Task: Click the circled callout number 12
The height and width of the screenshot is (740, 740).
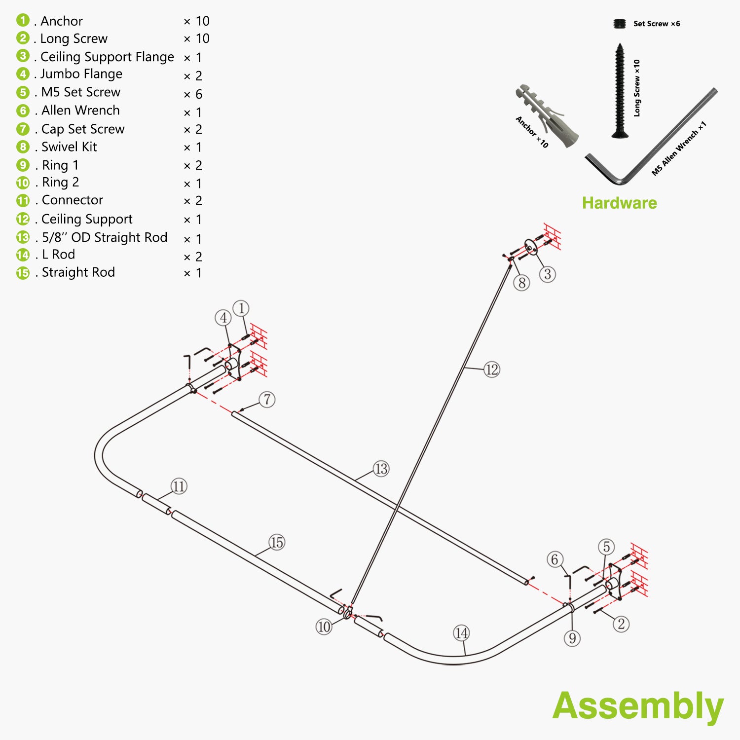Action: point(492,370)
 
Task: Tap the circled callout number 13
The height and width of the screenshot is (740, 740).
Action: point(381,469)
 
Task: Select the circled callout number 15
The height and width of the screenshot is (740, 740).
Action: point(277,543)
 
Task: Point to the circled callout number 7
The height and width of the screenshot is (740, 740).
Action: point(267,399)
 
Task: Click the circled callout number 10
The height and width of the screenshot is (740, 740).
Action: point(324,627)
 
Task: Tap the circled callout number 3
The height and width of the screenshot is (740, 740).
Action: point(548,274)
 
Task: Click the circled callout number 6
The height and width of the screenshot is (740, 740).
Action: point(555,559)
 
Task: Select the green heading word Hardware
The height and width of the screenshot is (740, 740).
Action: point(619,203)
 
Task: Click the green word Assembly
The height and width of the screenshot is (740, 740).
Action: point(637,706)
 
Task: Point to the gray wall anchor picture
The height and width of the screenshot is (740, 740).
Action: point(547,114)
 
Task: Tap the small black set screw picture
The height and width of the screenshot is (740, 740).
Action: point(619,24)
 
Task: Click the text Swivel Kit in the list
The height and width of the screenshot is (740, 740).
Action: point(69,147)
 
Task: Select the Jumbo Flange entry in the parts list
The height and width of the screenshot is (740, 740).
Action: point(81,74)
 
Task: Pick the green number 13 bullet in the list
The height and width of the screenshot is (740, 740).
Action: point(23,237)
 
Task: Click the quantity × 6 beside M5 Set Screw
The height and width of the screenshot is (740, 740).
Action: point(193,94)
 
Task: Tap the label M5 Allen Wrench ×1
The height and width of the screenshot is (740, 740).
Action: point(679,148)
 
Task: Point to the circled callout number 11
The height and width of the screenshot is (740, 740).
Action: point(179,486)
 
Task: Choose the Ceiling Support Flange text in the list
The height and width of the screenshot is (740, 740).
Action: point(107,57)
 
